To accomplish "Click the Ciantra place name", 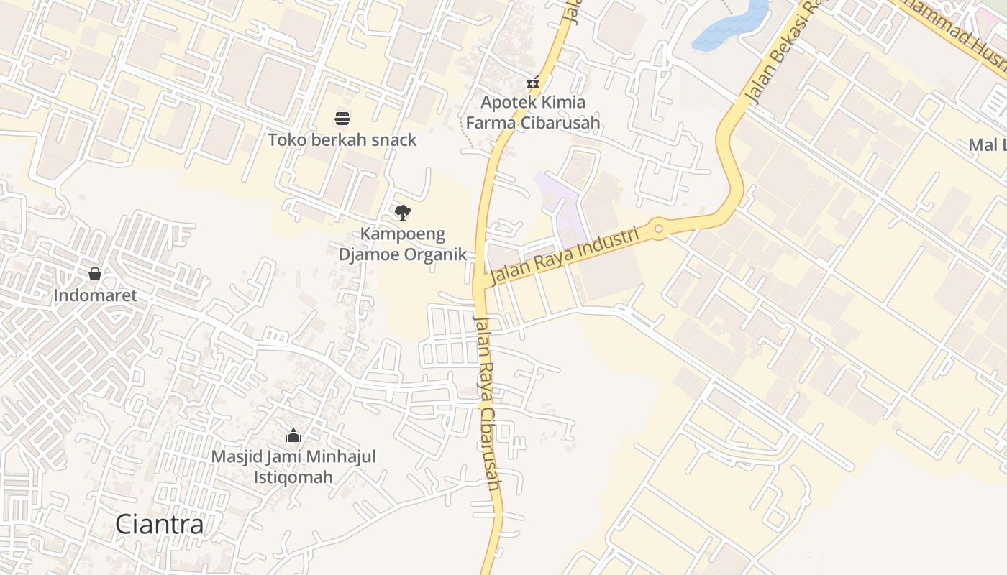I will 160,524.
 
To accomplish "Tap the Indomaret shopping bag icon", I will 94,274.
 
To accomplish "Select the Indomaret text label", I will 95,295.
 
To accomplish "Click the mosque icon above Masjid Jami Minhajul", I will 293,436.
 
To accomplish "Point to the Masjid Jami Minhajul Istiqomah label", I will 293,466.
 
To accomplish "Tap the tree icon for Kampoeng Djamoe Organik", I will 403,212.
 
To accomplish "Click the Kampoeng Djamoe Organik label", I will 403,244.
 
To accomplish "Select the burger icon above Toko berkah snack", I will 342,118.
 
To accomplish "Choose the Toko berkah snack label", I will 342,139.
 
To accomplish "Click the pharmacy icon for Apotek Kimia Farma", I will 533,83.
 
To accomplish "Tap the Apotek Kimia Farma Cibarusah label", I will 533,113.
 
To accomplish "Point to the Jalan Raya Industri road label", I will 565,256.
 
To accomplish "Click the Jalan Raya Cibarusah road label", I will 487,402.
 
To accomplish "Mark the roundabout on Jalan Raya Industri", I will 658,230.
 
